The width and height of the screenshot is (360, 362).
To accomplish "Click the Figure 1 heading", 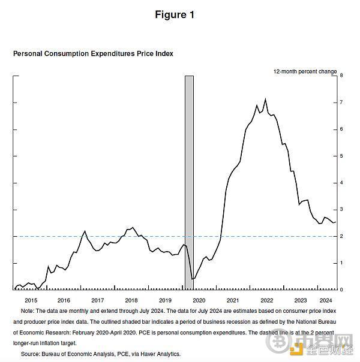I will [175, 15].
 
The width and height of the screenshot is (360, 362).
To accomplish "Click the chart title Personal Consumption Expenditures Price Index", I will [93, 53].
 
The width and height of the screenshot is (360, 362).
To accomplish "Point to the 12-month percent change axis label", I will [305, 71].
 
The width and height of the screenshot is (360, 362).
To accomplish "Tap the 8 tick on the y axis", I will [341, 76].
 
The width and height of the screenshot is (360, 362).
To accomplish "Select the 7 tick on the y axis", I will [341, 102].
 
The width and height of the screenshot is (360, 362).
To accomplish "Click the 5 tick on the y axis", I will [341, 156].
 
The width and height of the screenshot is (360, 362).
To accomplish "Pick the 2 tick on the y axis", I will [341, 236].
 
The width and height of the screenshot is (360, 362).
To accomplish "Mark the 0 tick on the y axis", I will [341, 289].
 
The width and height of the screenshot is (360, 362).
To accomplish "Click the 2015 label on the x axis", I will [31, 300].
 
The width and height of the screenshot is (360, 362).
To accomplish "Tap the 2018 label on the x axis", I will [131, 300].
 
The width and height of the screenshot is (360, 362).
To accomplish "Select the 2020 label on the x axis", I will [199, 300].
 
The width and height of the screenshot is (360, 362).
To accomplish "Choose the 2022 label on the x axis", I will [266, 300].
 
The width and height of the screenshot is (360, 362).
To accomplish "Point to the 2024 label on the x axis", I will [326, 300].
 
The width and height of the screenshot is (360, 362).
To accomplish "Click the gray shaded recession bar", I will [189, 180].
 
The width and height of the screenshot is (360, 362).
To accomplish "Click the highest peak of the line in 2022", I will [265, 99].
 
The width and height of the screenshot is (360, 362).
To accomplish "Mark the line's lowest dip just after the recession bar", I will [193, 279].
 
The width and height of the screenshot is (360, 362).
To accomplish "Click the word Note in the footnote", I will [27, 311].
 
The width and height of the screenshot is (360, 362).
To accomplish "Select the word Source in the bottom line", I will [31, 354].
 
